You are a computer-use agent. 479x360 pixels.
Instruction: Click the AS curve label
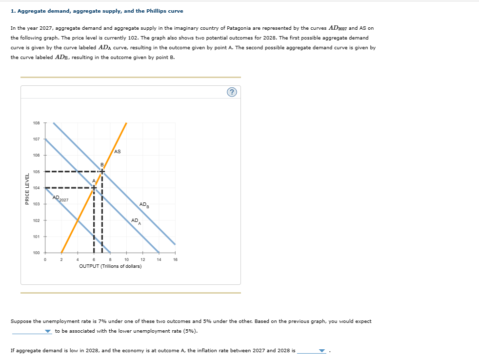coord(118,152)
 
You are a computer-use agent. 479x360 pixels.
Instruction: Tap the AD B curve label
coord(144,204)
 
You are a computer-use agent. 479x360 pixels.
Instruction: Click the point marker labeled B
coord(102,171)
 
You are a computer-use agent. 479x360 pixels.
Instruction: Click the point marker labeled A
coord(94,187)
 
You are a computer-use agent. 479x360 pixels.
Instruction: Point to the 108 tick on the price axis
coord(37,123)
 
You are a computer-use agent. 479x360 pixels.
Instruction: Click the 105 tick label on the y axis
coord(37,172)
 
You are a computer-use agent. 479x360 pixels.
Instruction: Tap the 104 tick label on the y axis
coord(37,188)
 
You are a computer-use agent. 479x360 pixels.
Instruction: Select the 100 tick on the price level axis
coord(37,253)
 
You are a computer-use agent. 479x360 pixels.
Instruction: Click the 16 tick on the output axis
coord(175,260)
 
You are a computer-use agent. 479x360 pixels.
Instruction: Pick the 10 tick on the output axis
coord(126,260)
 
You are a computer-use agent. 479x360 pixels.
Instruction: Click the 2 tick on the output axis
coord(61,260)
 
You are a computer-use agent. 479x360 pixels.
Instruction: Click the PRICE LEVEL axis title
coord(27,188)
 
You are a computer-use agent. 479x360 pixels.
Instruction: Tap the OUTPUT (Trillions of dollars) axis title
coord(110,266)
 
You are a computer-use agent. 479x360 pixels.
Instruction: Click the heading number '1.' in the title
coord(13,11)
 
